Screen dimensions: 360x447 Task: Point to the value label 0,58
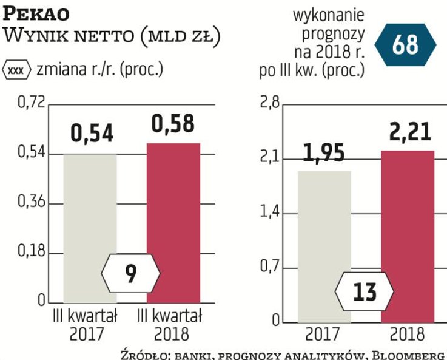click(x=173, y=124)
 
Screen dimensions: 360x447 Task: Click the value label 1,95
click(x=324, y=153)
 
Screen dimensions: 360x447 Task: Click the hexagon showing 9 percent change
click(x=130, y=274)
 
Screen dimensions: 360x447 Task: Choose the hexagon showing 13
click(x=365, y=291)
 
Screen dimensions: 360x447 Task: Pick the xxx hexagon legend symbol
click(x=16, y=69)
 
